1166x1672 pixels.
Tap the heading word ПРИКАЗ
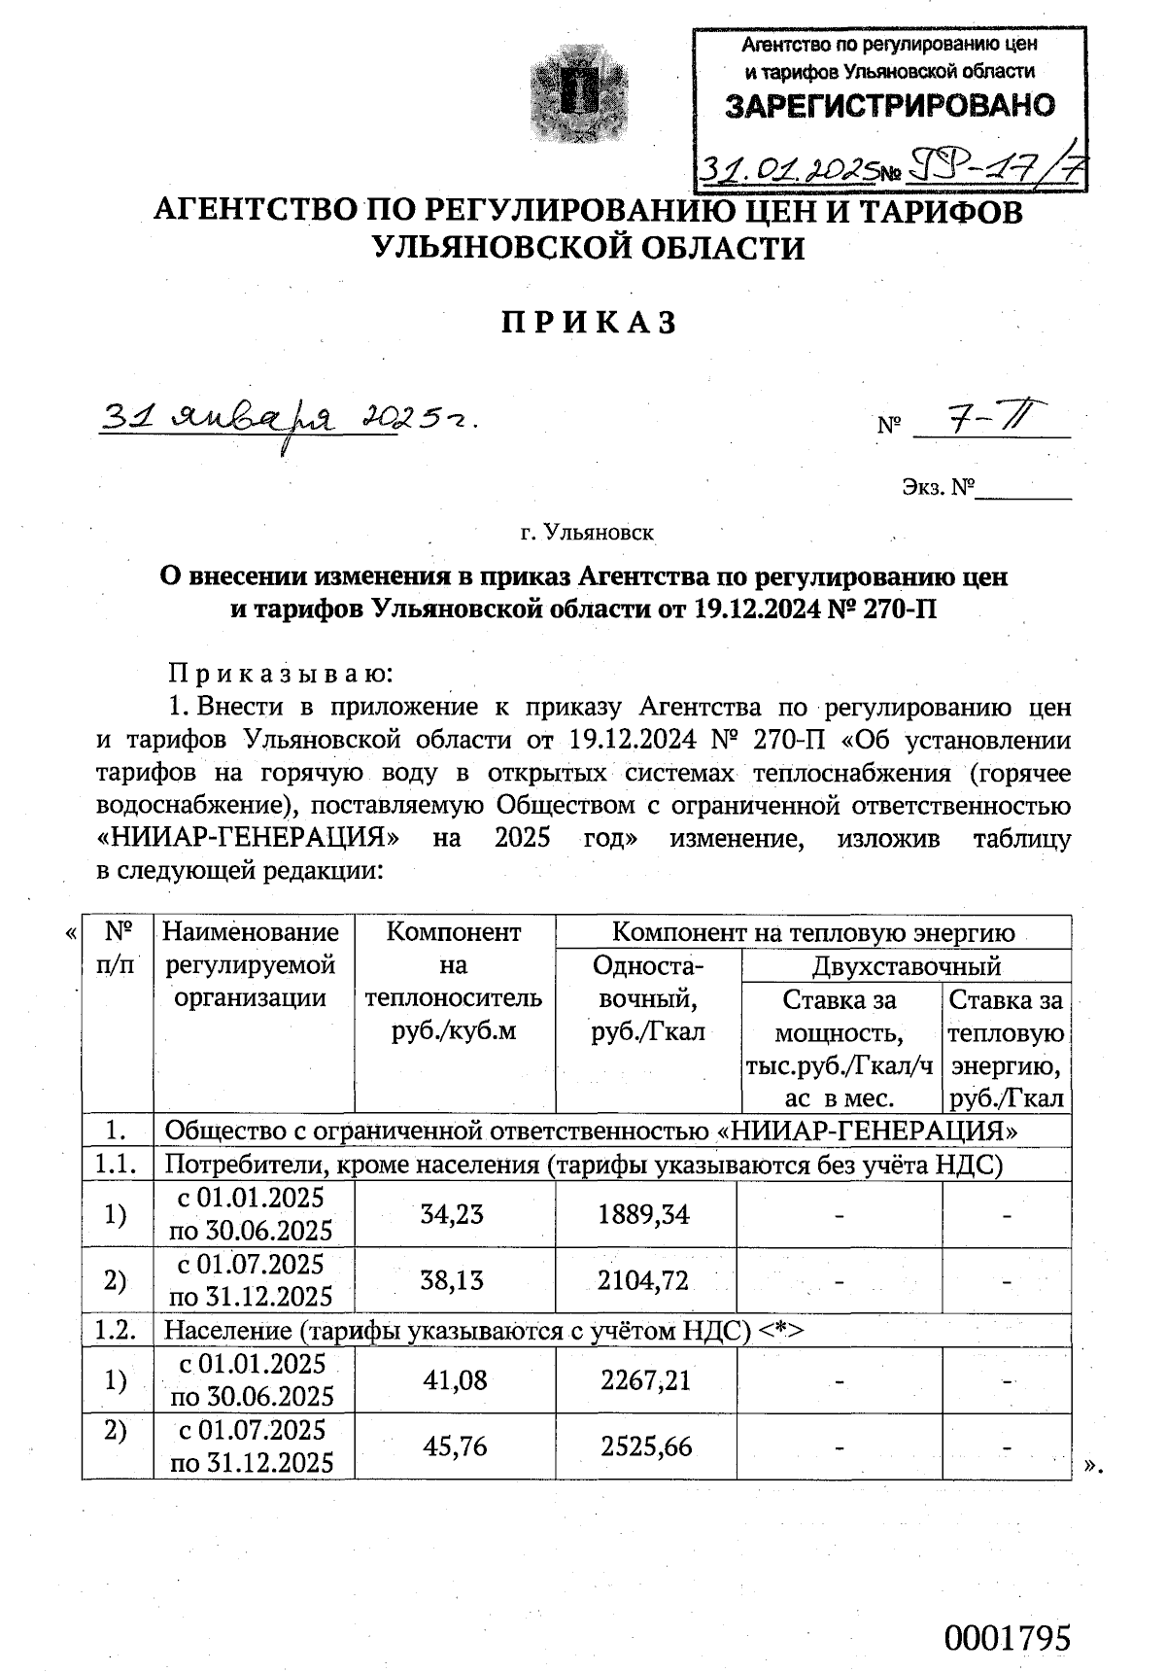(x=589, y=323)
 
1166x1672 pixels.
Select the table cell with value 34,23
(x=453, y=1213)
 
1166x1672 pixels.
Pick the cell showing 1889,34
(x=645, y=1213)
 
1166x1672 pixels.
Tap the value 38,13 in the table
(x=453, y=1280)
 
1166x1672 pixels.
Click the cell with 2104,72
(x=645, y=1280)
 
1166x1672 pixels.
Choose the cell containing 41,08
(x=453, y=1379)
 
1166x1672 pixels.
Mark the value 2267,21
(x=645, y=1379)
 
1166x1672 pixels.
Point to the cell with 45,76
(x=453, y=1446)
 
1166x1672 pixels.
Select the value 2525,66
(x=645, y=1446)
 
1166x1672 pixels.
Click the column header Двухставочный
(x=906, y=966)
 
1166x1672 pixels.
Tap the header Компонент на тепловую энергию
(x=812, y=933)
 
